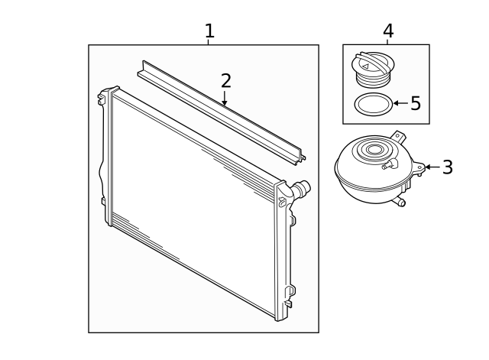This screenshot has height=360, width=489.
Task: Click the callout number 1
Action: [x=209, y=31]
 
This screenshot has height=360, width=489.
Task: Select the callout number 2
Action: [x=225, y=80]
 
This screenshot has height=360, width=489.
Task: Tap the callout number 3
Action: [x=447, y=167]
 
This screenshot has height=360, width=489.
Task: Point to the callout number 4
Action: [x=388, y=31]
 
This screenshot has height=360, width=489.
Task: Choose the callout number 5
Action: [x=416, y=103]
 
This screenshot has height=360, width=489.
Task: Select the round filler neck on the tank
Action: [x=374, y=150]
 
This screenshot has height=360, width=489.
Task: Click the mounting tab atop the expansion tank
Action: [x=396, y=135]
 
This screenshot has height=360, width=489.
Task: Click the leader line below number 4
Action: [x=388, y=41]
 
